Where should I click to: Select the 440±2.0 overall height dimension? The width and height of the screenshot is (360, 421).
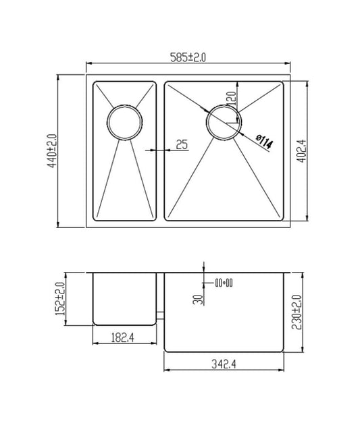[51, 151]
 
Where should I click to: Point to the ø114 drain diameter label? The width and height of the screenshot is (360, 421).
[264, 141]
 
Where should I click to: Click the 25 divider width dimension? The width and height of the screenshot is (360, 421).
[181, 144]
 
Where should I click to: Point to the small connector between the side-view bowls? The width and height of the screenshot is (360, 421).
[161, 314]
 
